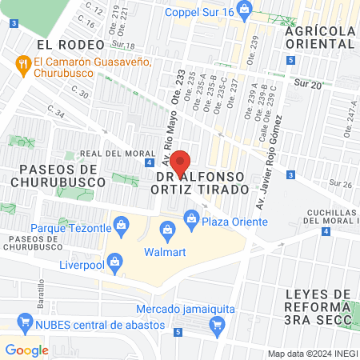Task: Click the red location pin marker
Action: point(180,163)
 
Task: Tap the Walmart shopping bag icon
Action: point(168,233)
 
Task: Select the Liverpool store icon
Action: point(115,262)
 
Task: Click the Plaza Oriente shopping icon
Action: point(191,217)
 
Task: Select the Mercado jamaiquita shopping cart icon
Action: point(215,324)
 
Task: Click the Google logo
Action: point(26,350)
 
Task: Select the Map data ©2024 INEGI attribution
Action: point(311,354)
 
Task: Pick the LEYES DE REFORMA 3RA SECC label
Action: point(318,306)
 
